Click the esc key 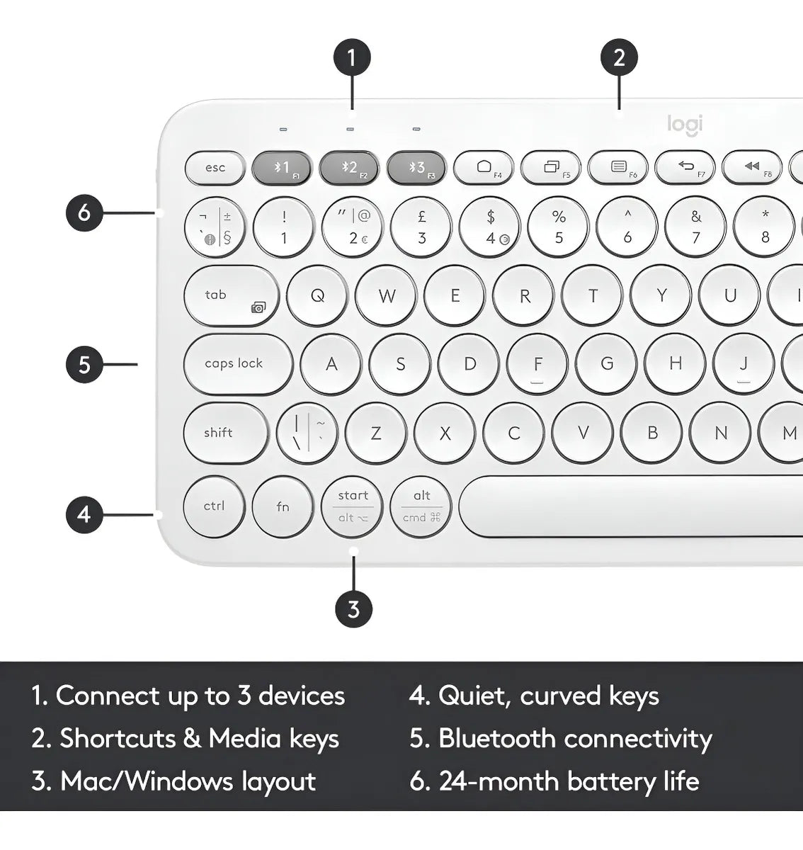pos(215,169)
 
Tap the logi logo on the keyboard pos(685,125)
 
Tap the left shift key pos(224,433)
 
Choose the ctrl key pos(214,506)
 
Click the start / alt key pos(352,506)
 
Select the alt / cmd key pos(421,506)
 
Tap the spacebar pos(630,506)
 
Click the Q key pos(317,296)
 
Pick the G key pos(607,364)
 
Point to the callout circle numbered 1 pos(352,57)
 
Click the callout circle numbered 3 pos(353,608)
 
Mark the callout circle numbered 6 pos(84,212)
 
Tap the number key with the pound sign pos(421,227)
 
